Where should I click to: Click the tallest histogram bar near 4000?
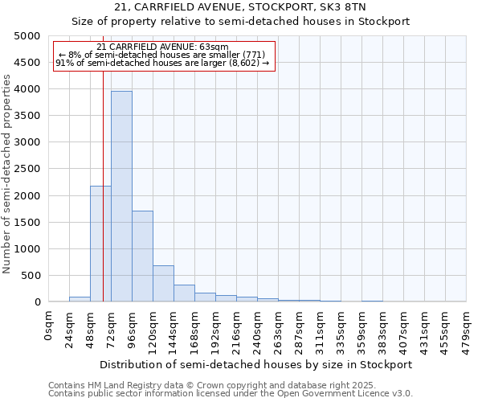pos(121,196)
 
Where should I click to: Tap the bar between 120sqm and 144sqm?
pos(163,283)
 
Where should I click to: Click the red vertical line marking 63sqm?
pos(103,201)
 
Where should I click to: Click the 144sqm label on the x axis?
pos(174,331)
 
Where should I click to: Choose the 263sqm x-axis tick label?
pos(278,331)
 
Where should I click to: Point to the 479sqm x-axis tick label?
pos(466,331)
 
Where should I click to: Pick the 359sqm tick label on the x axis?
pos(361,331)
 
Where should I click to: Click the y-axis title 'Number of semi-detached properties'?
pos(7,173)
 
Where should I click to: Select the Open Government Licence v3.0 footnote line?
pos(231,394)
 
